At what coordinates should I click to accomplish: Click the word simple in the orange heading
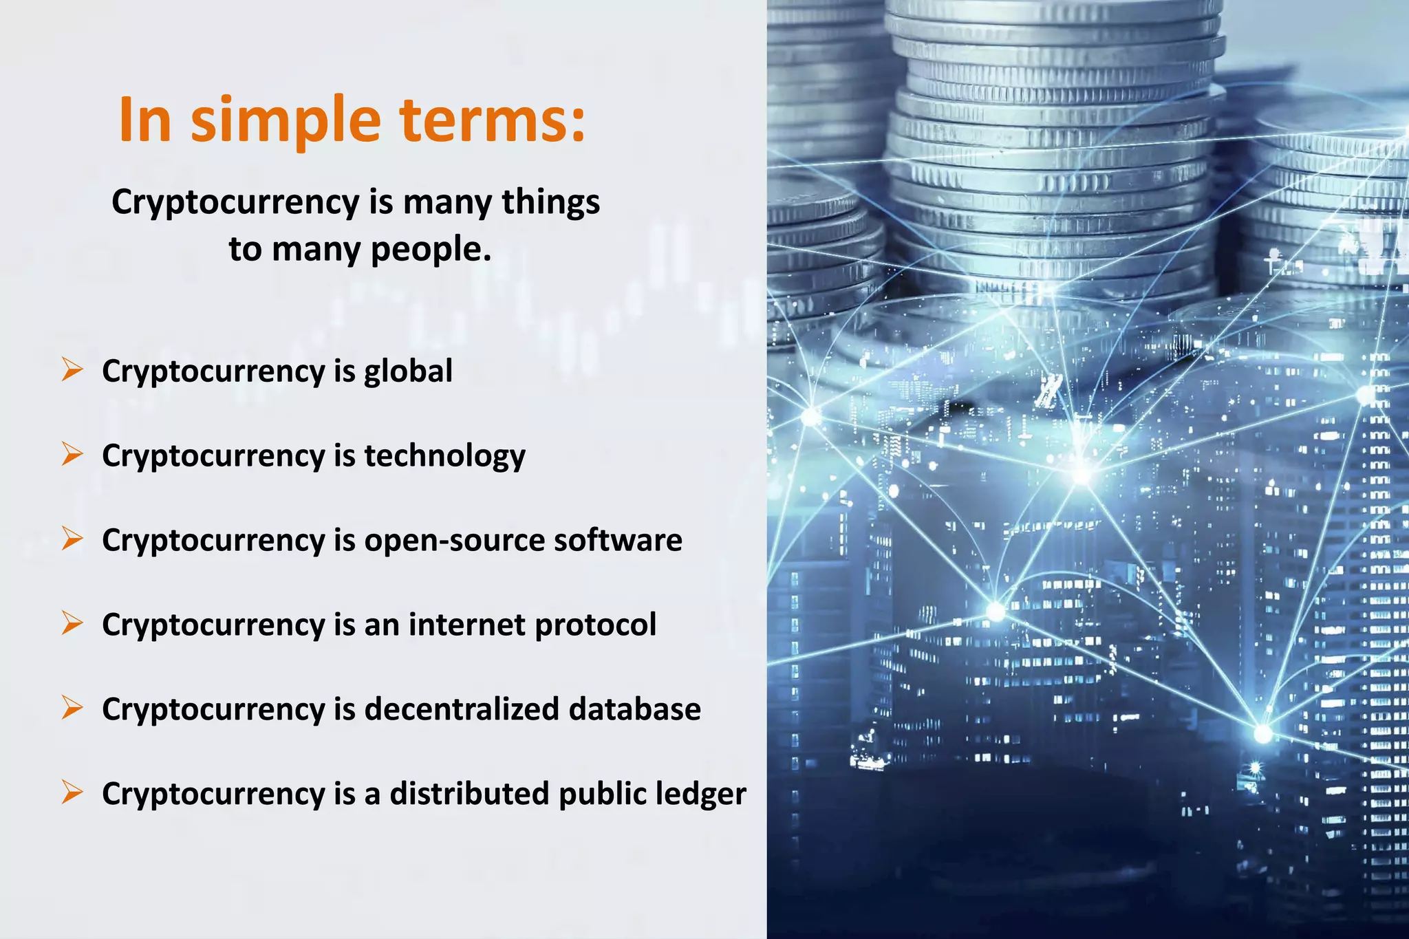coord(285,121)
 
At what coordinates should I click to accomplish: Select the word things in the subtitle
coord(550,202)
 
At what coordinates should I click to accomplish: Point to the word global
coord(408,371)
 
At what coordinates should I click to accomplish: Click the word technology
coord(444,456)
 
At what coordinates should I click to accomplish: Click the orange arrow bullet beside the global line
coord(72,369)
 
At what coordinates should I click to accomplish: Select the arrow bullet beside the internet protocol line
coord(72,623)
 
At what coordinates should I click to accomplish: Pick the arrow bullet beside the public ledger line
coord(72,792)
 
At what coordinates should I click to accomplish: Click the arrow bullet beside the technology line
coord(72,454)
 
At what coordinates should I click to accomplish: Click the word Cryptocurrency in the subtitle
coord(235,204)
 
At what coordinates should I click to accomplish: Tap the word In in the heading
coord(144,121)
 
